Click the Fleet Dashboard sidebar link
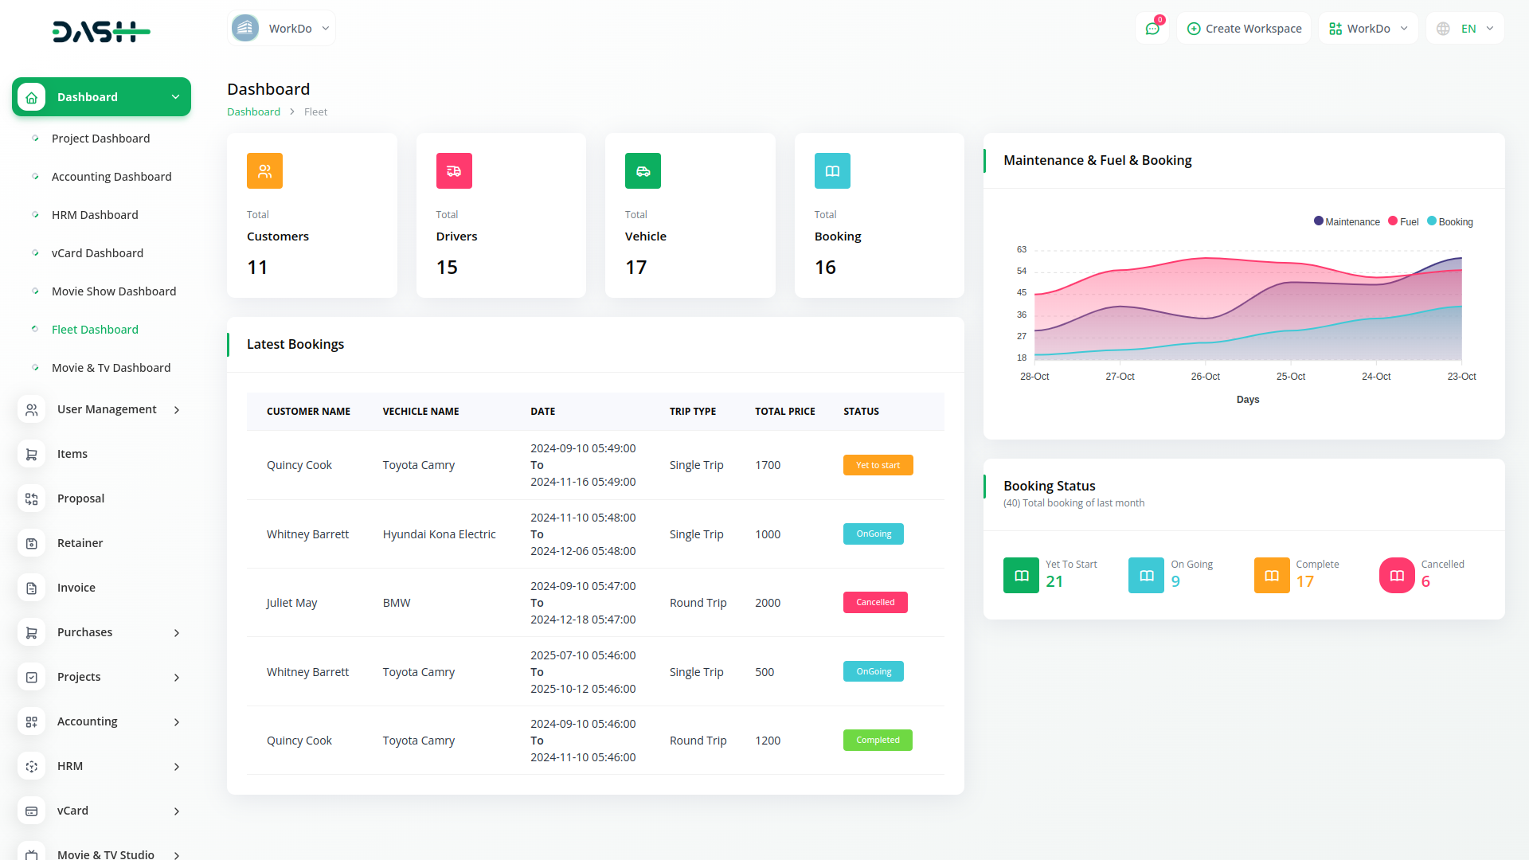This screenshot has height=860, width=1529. tap(95, 330)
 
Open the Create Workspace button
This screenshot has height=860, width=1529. tap(1244, 29)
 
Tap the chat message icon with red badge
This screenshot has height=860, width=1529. tap(1152, 29)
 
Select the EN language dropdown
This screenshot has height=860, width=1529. tap(1465, 29)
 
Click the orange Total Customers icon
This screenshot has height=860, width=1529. tap(264, 171)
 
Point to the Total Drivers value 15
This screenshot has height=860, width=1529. tap(447, 268)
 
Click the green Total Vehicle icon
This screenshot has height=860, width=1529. tap(643, 171)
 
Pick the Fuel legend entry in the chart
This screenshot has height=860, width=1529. tap(1403, 222)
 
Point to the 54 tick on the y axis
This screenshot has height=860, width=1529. tap(1022, 272)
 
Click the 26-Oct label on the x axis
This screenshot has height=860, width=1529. tap(1205, 377)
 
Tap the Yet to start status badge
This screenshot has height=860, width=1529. tap(878, 465)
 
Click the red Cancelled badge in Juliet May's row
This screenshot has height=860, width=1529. tap(875, 603)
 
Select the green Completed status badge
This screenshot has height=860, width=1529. tap(878, 741)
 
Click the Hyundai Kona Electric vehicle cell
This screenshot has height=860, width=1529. tap(439, 534)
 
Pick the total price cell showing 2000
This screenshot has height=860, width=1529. tap(768, 603)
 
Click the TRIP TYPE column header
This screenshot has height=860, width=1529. tap(693, 412)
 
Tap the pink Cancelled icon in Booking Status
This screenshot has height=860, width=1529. tap(1397, 576)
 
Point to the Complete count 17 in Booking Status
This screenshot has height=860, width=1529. tap(1304, 582)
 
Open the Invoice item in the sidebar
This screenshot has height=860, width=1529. tap(76, 588)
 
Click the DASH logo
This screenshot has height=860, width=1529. tap(101, 32)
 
